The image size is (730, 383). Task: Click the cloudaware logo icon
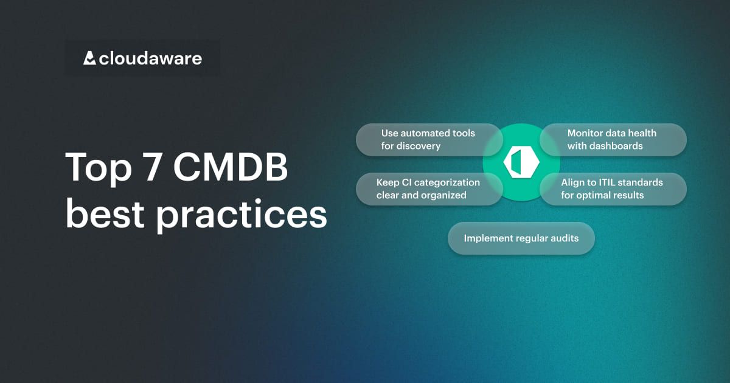89,58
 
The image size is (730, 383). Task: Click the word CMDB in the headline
231,167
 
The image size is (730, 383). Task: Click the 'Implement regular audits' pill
521,238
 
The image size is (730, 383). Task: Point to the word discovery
419,146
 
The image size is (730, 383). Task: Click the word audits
563,238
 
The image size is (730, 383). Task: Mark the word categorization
447,182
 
